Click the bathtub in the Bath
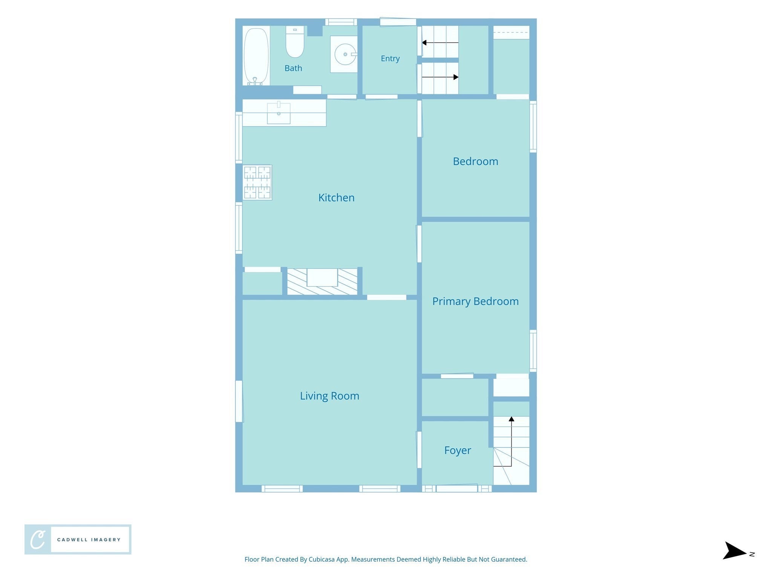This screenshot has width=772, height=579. [x=256, y=56]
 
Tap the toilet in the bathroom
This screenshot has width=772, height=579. [x=295, y=41]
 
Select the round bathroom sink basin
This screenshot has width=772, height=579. [x=345, y=54]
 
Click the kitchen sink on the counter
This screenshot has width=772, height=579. [x=279, y=112]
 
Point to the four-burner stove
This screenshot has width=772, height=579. [x=257, y=182]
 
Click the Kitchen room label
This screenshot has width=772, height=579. [x=336, y=198]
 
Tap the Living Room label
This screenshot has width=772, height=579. [x=329, y=396]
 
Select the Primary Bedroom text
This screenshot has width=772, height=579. [x=475, y=302]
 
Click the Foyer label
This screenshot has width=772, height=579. [x=458, y=450]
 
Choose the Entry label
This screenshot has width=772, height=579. [x=390, y=58]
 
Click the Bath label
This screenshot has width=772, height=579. [x=293, y=68]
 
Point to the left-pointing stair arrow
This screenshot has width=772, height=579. [x=440, y=43]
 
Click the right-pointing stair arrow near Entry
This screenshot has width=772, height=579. [x=440, y=77]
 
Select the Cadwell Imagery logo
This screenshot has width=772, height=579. [x=78, y=539]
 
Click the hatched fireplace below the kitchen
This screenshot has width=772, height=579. [x=322, y=281]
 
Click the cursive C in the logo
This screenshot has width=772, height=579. [x=38, y=540]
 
